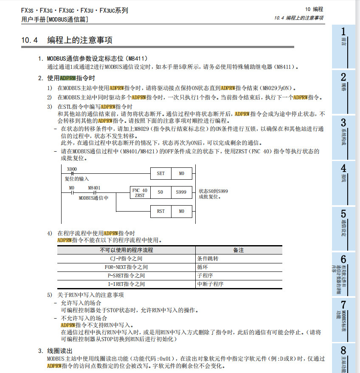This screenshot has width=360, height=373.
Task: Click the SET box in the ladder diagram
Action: tap(160, 173)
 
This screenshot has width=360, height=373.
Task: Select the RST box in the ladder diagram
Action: tap(160, 211)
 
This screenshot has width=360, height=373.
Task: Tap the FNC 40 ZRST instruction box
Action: tap(140, 192)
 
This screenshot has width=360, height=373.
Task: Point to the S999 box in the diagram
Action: tap(181, 192)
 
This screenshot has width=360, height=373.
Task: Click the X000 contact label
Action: tap(72, 169)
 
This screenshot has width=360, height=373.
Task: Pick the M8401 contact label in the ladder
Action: tap(94, 187)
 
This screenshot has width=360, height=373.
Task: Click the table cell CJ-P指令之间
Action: tap(126, 258)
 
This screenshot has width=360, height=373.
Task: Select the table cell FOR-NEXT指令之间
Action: tap(126, 267)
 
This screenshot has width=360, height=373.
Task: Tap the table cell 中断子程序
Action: tap(210, 284)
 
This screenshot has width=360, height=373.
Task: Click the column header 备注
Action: tap(239, 250)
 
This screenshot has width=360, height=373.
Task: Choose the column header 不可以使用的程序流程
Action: tap(126, 250)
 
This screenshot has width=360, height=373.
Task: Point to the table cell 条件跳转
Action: tap(208, 258)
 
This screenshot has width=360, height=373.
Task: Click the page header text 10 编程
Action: tap(314, 9)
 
